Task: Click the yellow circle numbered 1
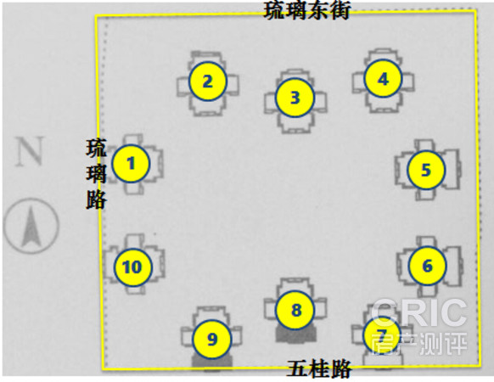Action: pyautogui.click(x=131, y=163)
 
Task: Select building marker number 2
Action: pyautogui.click(x=208, y=81)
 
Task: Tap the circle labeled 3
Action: pyautogui.click(x=295, y=98)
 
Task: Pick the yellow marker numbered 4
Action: pyautogui.click(x=383, y=78)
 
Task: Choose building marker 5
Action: pyautogui.click(x=426, y=170)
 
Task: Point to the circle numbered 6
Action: pyautogui.click(x=427, y=266)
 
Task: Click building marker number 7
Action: pyautogui.click(x=381, y=334)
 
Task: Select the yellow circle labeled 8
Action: pyautogui.click(x=295, y=310)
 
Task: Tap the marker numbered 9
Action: pyautogui.click(x=212, y=340)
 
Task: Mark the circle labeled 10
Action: pyautogui.click(x=132, y=267)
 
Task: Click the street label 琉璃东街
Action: pyautogui.click(x=306, y=10)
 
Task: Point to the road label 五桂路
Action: pyautogui.click(x=319, y=369)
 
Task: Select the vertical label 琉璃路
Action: pyautogui.click(x=96, y=174)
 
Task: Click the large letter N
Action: pyautogui.click(x=30, y=151)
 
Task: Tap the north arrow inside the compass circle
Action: pyautogui.click(x=31, y=226)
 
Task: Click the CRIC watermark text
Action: pyautogui.click(x=418, y=312)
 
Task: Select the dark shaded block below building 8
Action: pyautogui.click(x=295, y=334)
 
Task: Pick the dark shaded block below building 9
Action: pyautogui.click(x=212, y=362)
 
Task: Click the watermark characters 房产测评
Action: pyautogui.click(x=419, y=343)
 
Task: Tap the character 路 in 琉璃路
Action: pyautogui.click(x=96, y=199)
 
